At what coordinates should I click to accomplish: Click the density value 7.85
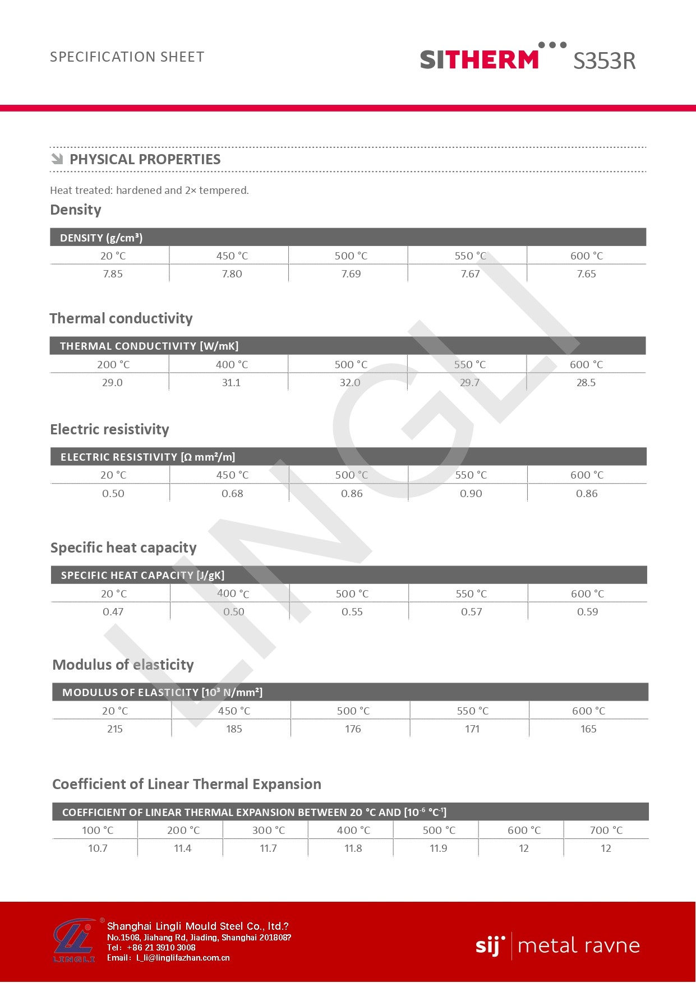[113, 274]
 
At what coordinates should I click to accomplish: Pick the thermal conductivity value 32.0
[350, 383]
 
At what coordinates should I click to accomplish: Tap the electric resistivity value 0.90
[471, 494]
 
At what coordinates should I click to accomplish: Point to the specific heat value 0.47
[113, 612]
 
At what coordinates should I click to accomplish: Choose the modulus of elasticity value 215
[115, 729]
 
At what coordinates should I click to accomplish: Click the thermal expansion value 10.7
[98, 848]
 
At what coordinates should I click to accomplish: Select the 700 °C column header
[606, 831]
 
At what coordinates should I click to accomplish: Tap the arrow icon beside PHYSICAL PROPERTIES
[57, 159]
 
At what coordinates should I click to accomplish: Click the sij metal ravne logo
[557, 946]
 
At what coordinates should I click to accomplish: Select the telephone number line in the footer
[151, 948]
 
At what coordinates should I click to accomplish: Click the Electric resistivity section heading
[109, 429]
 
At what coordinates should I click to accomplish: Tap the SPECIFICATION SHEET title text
[127, 57]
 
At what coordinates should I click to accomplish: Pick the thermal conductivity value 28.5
[586, 383]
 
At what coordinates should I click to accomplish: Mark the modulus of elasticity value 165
[588, 729]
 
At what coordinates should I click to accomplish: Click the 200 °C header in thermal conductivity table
[113, 365]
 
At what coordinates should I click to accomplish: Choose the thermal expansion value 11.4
[183, 848]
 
